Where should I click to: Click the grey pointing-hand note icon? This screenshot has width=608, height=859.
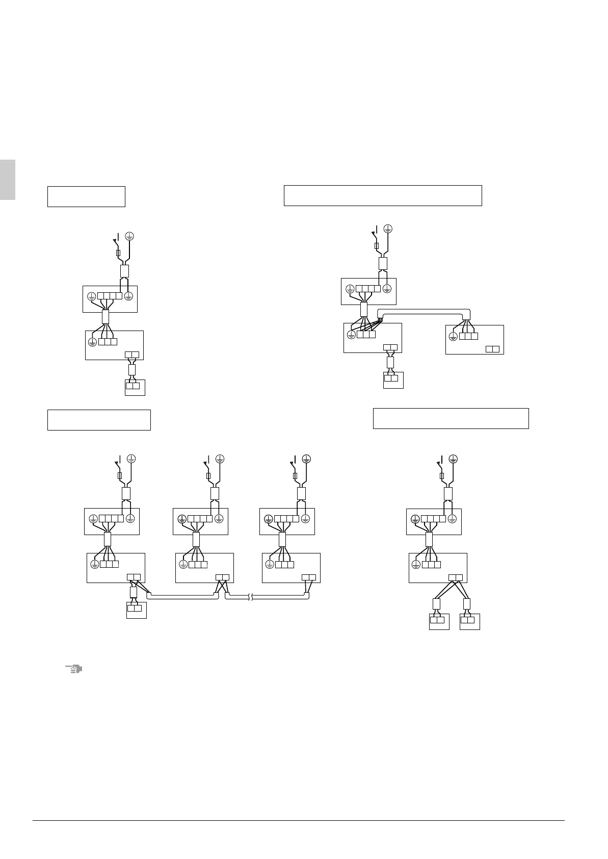(74, 669)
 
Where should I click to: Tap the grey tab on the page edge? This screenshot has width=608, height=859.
(7, 180)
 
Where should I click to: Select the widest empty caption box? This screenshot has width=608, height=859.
(382, 195)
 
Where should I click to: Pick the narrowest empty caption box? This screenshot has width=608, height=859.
(86, 196)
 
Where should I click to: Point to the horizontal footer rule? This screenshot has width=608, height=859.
(298, 820)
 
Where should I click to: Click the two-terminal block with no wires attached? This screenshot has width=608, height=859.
(492, 349)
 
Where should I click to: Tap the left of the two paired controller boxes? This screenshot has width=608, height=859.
(439, 622)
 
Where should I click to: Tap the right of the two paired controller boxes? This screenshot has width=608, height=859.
(469, 622)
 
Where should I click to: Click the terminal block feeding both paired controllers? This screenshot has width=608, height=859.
(456, 578)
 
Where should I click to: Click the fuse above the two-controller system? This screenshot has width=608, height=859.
(442, 476)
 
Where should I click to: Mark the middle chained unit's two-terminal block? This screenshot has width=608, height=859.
(222, 578)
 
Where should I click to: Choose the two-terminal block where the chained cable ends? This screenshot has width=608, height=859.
(309, 578)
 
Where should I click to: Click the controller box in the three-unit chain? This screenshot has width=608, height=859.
(136, 610)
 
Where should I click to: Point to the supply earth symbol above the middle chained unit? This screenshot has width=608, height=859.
(220, 459)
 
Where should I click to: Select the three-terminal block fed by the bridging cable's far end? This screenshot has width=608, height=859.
(468, 336)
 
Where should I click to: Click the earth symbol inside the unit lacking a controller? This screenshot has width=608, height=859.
(453, 337)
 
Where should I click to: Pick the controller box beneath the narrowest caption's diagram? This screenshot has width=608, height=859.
(135, 387)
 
